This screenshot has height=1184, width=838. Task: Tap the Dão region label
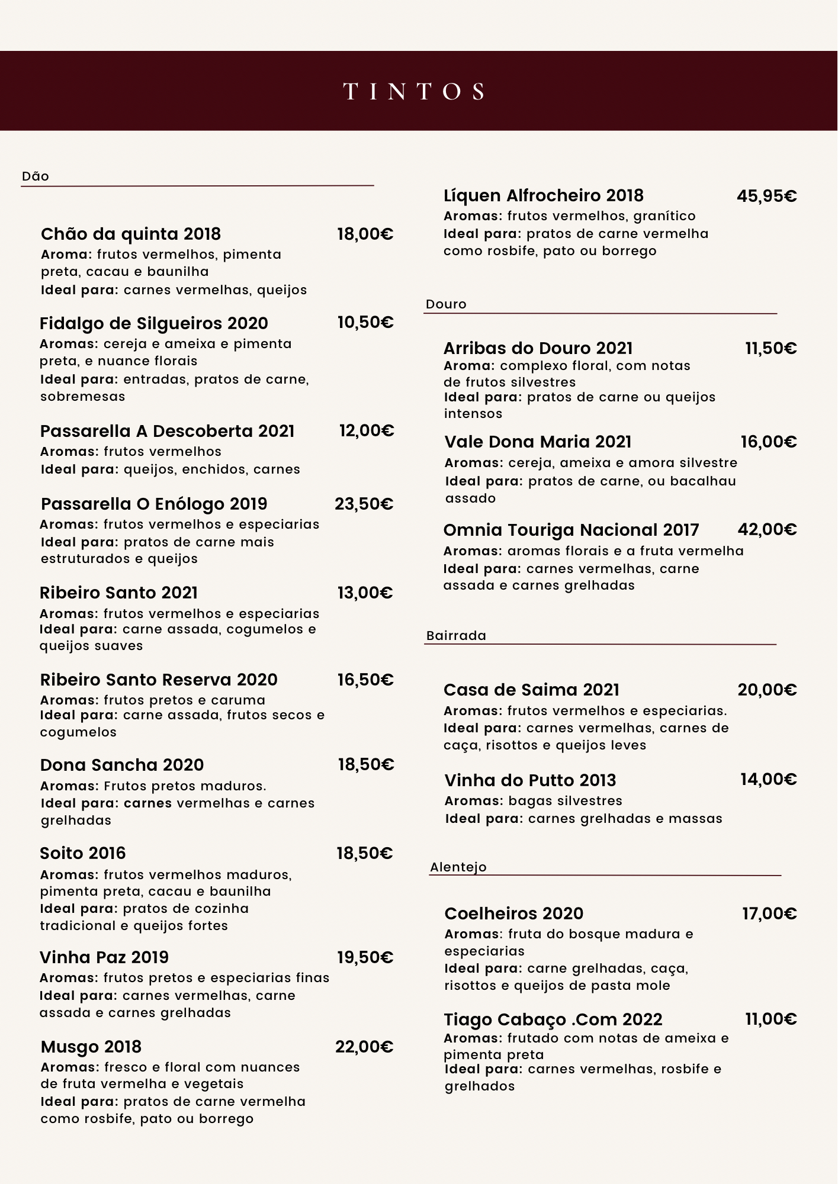coord(36,176)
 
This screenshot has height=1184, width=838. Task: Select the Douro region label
coord(446,304)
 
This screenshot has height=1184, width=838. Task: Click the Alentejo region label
coord(458,867)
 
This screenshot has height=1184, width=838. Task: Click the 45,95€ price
coord(766,196)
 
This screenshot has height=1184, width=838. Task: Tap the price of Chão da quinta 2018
coord(365,234)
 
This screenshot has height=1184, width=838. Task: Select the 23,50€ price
coord(364,504)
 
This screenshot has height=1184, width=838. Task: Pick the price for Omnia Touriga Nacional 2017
coord(767,529)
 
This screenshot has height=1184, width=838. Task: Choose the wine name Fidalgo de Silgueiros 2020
coord(154,323)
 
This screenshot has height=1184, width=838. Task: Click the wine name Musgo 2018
coord(91,1047)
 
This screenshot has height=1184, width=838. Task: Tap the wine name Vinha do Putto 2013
coord(530,780)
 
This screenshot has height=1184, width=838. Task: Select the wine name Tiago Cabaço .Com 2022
coord(553,1019)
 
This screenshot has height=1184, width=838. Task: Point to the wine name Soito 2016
coord(83,853)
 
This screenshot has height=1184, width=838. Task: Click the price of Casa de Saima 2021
coord(767,690)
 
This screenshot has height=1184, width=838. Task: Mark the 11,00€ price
coord(770,1019)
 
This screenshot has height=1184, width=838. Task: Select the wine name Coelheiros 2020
coord(514,913)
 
